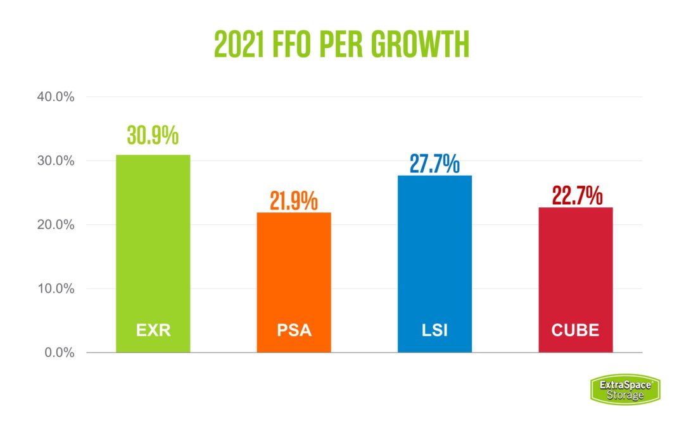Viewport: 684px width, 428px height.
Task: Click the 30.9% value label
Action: tap(153, 136)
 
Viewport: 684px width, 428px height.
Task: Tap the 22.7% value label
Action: tap(576, 196)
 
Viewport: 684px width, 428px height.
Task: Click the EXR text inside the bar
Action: tap(153, 330)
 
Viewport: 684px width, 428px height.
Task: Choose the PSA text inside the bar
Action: tap(294, 330)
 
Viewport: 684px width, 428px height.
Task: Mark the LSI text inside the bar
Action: tap(434, 330)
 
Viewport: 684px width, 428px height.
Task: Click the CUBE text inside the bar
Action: tap(575, 330)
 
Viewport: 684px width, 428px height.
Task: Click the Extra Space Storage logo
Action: tap(625, 389)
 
